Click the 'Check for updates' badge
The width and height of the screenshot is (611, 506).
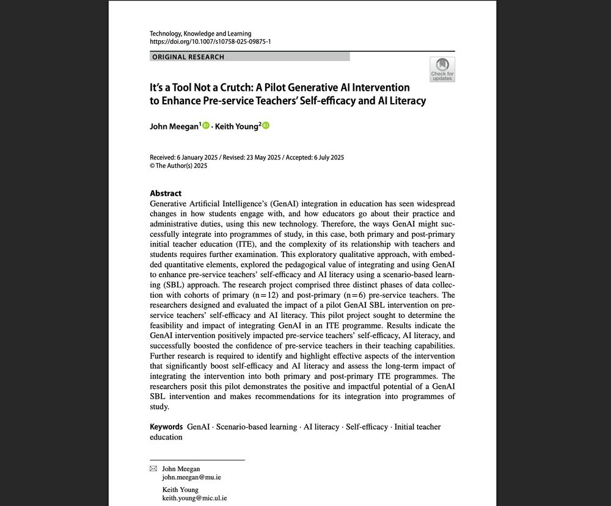[442, 69]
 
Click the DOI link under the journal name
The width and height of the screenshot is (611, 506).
[210, 42]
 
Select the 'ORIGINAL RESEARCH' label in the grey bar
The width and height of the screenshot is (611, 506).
[188, 57]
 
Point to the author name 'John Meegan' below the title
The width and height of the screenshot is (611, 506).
[174, 126]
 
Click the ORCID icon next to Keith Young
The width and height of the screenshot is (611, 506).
[266, 126]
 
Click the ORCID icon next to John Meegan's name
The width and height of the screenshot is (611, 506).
[206, 126]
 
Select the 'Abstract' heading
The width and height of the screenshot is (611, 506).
[166, 193]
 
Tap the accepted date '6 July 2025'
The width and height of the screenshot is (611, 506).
[326, 157]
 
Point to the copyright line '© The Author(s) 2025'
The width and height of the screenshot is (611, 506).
[178, 165]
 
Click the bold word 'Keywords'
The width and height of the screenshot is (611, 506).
[166, 427]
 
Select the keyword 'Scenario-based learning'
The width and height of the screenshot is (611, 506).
[257, 427]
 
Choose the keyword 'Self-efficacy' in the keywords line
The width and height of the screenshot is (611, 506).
[367, 427]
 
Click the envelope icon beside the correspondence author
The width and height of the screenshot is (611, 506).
[153, 469]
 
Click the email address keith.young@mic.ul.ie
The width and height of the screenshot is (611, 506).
[194, 498]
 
